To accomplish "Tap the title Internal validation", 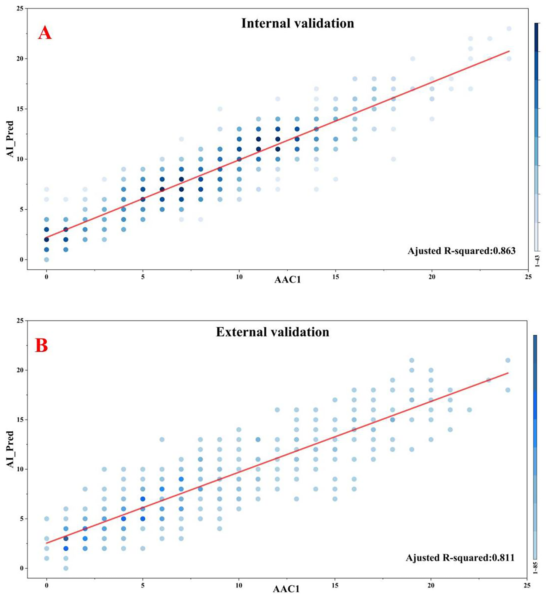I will pyautogui.click(x=298, y=23).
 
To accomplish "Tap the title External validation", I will pyautogui.click(x=273, y=332).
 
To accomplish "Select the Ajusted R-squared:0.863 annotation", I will pyautogui.click(x=461, y=251).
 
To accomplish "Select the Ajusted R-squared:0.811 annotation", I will pyautogui.click(x=460, y=558).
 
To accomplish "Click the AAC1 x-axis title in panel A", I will pyautogui.click(x=287, y=280).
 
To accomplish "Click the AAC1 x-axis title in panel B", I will pyautogui.click(x=286, y=589).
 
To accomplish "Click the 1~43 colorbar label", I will pyautogui.click(x=537, y=261).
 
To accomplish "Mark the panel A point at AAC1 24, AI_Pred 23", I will pyautogui.click(x=509, y=28).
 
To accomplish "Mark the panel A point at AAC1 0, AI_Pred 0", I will pyautogui.click(x=46, y=259).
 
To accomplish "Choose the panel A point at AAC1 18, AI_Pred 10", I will pyautogui.click(x=393, y=159).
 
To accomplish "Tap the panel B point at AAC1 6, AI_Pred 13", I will pyautogui.click(x=162, y=440).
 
